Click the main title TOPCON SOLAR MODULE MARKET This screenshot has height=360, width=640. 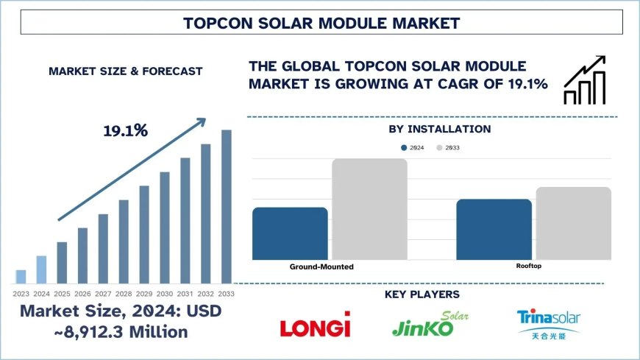(x=320, y=23)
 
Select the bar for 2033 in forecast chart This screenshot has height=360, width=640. (x=227, y=206)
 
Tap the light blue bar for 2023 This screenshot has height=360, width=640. (x=21, y=276)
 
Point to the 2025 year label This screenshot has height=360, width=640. (x=62, y=294)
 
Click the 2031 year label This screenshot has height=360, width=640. (x=185, y=294)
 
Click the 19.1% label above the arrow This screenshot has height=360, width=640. (x=125, y=131)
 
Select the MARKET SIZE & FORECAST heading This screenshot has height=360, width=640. (x=125, y=71)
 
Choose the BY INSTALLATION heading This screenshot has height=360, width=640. (x=439, y=129)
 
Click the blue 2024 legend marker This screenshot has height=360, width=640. (x=404, y=148)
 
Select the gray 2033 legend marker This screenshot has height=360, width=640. (x=440, y=148)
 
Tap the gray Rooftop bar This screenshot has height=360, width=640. (x=573, y=222)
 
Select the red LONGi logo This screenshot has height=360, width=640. (x=316, y=325)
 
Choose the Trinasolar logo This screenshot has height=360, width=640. (x=548, y=324)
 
